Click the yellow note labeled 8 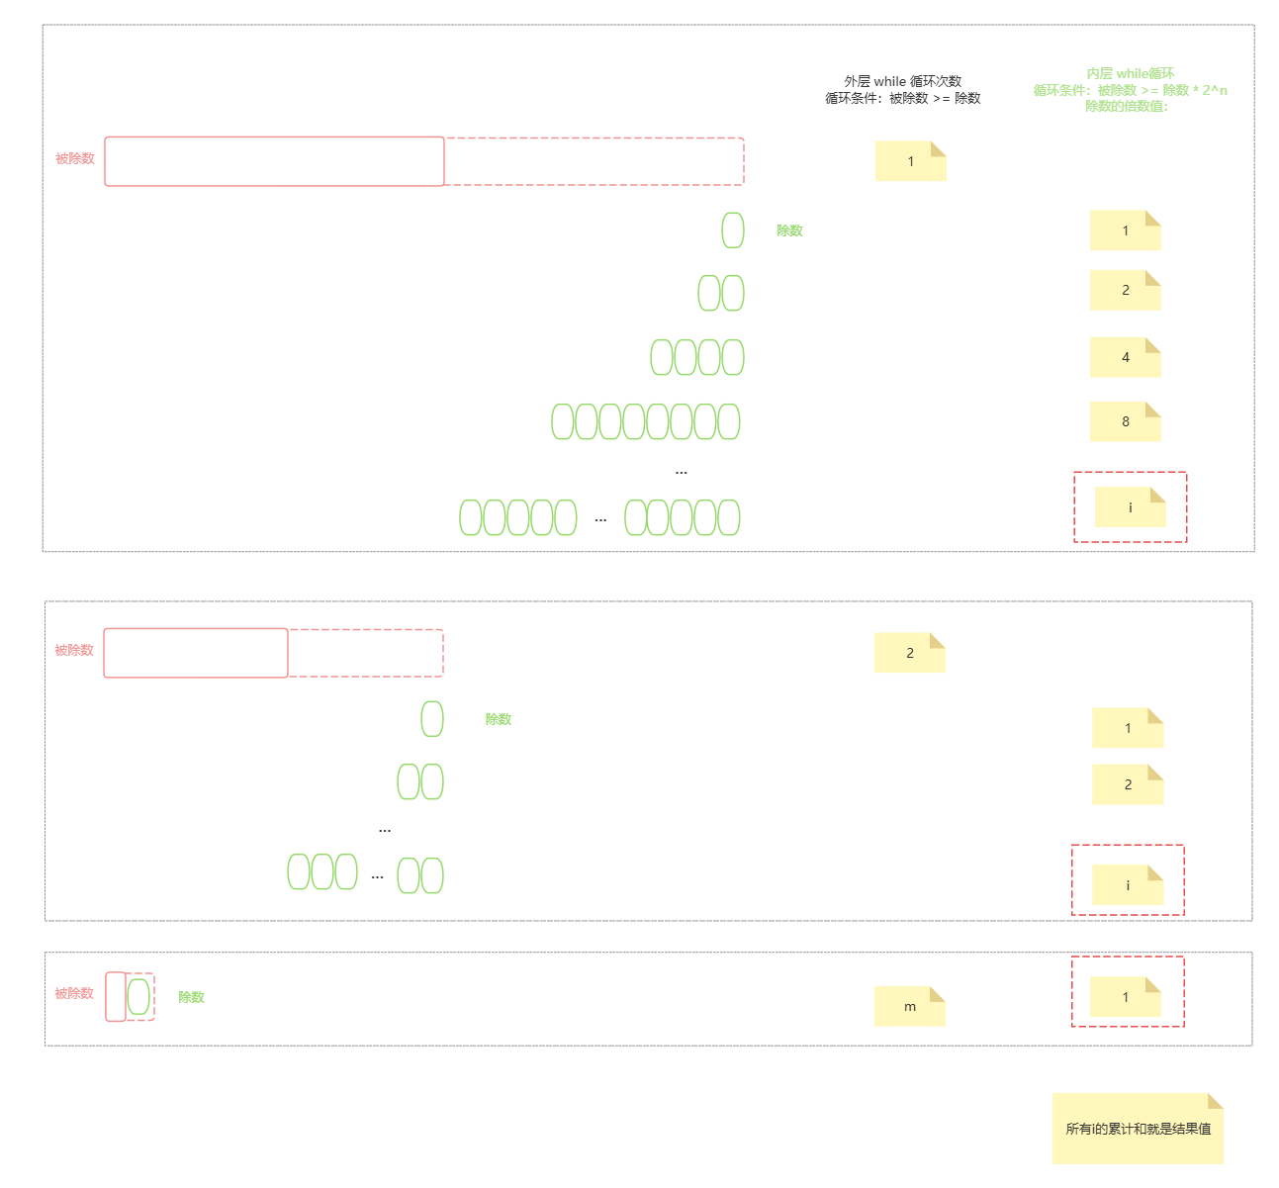(x=1125, y=421)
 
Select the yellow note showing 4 (x=1125, y=357)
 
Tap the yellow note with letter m (x=909, y=1006)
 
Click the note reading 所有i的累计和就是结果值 (x=1138, y=1128)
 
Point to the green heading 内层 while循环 (x=1131, y=73)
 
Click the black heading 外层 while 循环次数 (x=902, y=81)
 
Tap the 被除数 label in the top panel (x=75, y=158)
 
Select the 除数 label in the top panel (x=789, y=230)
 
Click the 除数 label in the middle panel (x=498, y=719)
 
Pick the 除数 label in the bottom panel (x=191, y=997)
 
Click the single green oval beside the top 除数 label (x=733, y=230)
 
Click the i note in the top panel (x=1130, y=507)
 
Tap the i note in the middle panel (x=1127, y=884)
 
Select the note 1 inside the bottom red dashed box (x=1125, y=997)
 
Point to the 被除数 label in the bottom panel (x=74, y=993)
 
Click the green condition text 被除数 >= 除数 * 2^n (x=1162, y=90)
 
